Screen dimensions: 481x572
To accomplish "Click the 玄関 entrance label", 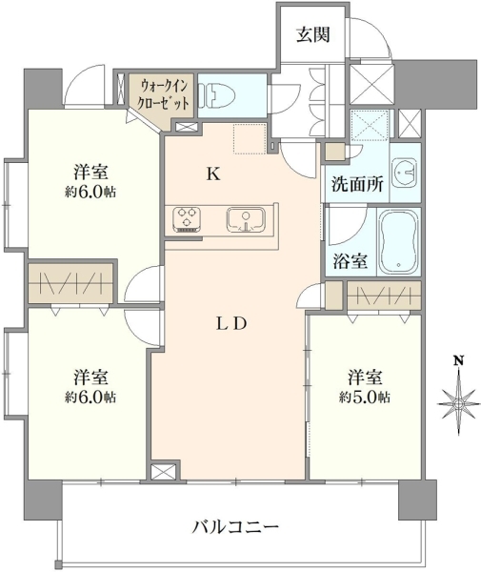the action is (x=313, y=35).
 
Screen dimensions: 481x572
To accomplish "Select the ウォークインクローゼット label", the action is (x=163, y=94).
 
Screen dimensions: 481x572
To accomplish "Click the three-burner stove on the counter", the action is (x=187, y=219).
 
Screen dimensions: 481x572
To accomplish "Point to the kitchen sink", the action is (x=246, y=220).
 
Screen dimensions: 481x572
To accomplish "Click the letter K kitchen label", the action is (x=213, y=174).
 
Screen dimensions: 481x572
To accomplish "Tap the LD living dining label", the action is (x=231, y=324).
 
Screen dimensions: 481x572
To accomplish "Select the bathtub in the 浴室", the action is (x=399, y=241).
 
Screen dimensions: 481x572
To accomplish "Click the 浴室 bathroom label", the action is (x=350, y=261).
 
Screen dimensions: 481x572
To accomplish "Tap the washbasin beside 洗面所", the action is (x=405, y=173).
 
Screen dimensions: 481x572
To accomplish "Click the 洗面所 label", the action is (x=357, y=184).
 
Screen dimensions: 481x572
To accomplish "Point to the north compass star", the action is (x=459, y=403).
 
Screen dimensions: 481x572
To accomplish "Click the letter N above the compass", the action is (x=458, y=360).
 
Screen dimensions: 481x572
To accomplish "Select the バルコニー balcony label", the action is (x=236, y=527).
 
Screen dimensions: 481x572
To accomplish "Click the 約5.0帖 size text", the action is (x=365, y=397).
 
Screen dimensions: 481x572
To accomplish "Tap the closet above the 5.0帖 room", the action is (x=385, y=296).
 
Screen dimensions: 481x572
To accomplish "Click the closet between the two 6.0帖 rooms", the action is (x=70, y=283).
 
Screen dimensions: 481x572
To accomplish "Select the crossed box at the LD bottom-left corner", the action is (x=164, y=473).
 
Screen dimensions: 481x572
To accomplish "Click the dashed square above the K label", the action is (x=250, y=138).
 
